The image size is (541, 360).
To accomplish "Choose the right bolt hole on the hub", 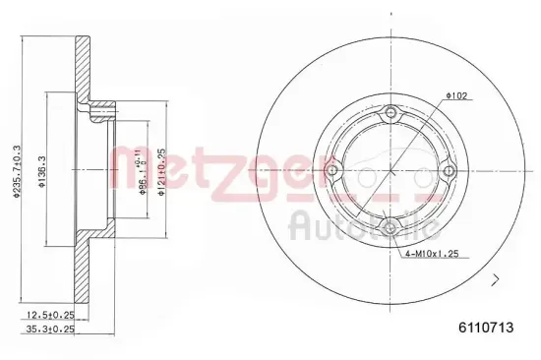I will [449, 171].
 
